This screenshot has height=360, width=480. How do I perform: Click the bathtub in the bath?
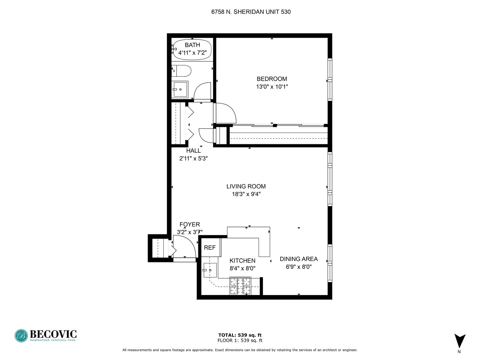(x=192, y=49)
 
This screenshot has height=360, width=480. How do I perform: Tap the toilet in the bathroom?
(x=181, y=71)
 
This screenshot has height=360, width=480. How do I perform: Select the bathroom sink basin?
(x=180, y=89)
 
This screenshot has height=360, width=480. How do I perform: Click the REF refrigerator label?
(x=210, y=247)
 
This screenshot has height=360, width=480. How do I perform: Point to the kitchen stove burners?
(x=240, y=286)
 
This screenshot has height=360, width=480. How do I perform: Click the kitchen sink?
(x=210, y=270)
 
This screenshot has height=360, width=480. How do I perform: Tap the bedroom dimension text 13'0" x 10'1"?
(x=272, y=87)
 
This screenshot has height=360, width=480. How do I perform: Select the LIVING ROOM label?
(x=246, y=186)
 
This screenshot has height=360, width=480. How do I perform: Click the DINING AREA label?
(x=299, y=259)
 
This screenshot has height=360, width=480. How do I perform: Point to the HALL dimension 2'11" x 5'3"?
(x=193, y=158)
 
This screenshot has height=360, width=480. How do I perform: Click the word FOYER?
(x=190, y=224)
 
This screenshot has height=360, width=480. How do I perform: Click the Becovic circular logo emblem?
(x=21, y=336)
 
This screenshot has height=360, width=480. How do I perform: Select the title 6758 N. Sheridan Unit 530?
(x=251, y=12)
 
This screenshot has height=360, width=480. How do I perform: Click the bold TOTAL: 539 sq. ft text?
(x=240, y=335)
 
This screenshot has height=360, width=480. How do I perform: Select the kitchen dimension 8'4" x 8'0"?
(x=242, y=268)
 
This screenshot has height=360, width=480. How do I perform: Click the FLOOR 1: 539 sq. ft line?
(x=240, y=340)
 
